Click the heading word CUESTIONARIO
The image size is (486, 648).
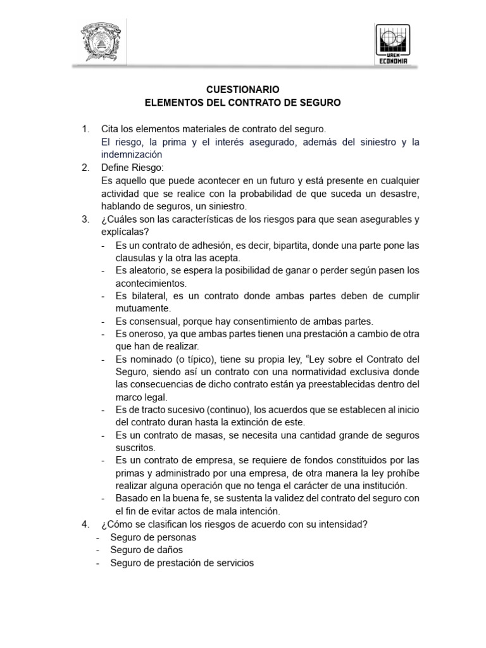[243, 90]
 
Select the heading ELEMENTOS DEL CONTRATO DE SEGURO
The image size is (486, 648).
[243, 102]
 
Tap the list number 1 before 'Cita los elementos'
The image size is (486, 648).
[85, 130]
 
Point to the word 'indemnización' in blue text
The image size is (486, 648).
[132, 154]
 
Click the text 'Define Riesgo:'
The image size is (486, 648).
[132, 168]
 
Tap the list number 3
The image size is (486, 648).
[85, 219]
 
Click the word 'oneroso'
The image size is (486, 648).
[146, 334]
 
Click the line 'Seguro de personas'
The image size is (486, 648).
[153, 537]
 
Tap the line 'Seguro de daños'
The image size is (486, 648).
[146, 550]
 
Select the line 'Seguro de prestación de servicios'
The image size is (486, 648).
[182, 563]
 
